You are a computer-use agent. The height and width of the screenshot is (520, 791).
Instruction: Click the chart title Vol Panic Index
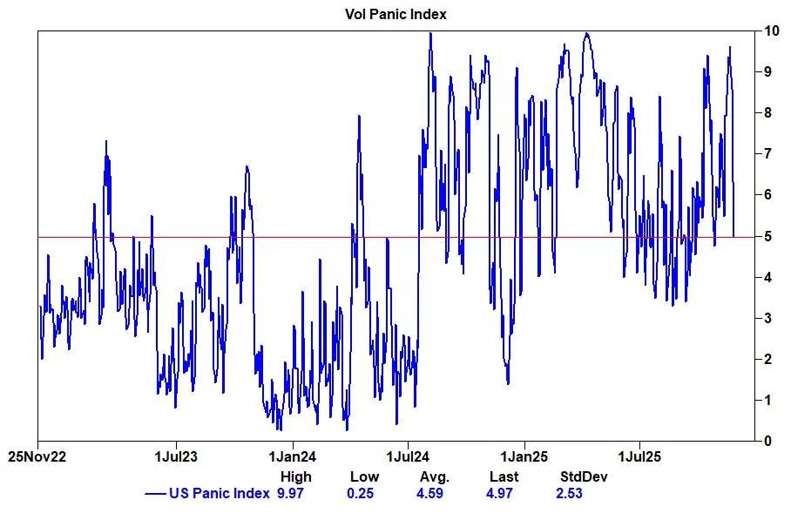(395, 15)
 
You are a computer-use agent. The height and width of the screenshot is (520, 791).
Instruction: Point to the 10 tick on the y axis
(771, 31)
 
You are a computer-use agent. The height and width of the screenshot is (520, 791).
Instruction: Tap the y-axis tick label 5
(767, 236)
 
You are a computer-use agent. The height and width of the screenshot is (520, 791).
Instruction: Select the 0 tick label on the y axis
(767, 441)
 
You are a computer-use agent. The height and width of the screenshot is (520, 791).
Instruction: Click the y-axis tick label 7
(767, 154)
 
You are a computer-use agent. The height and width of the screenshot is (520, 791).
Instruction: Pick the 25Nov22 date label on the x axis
(37, 456)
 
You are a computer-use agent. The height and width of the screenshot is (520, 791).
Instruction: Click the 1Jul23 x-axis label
(176, 456)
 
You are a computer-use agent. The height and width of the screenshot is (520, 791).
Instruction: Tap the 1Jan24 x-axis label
(292, 456)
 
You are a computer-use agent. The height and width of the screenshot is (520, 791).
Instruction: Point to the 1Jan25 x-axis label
(524, 456)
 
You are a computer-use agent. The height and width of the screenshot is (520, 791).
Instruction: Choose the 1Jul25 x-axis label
(640, 456)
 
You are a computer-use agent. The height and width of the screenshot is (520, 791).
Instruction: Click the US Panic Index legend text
(220, 494)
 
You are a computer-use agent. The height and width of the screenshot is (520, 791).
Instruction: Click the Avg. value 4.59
(433, 494)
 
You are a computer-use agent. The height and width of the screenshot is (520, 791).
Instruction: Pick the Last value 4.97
(503, 494)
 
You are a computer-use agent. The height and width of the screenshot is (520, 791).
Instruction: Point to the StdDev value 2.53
(569, 494)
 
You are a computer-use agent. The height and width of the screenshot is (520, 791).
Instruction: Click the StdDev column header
(583, 476)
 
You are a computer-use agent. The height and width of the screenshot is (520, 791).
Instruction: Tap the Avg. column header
(434, 476)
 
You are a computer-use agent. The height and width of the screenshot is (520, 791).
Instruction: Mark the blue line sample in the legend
(155, 494)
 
